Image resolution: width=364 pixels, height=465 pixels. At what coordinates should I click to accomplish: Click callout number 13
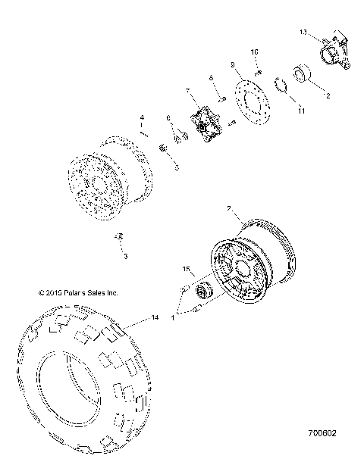[303, 33]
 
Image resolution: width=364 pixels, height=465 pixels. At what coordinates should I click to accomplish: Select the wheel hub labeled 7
[204, 126]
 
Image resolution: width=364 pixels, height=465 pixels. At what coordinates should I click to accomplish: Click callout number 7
[187, 91]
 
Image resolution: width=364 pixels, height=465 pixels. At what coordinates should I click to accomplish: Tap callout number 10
[255, 52]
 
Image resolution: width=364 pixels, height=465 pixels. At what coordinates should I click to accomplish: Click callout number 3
[125, 257]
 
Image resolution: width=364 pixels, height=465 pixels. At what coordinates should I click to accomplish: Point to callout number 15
[184, 270]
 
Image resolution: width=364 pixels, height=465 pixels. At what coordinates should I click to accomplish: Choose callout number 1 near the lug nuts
[174, 317]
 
